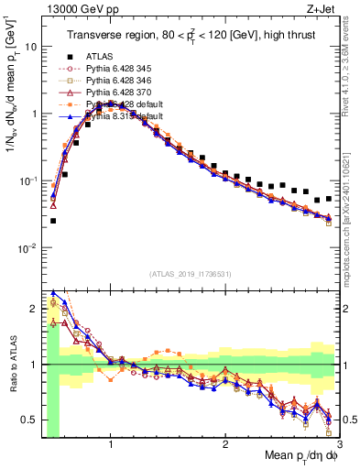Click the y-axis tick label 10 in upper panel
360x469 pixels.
pos(30,46)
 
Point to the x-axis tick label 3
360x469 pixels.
pos(340,444)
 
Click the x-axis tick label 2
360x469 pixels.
pos(224,444)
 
